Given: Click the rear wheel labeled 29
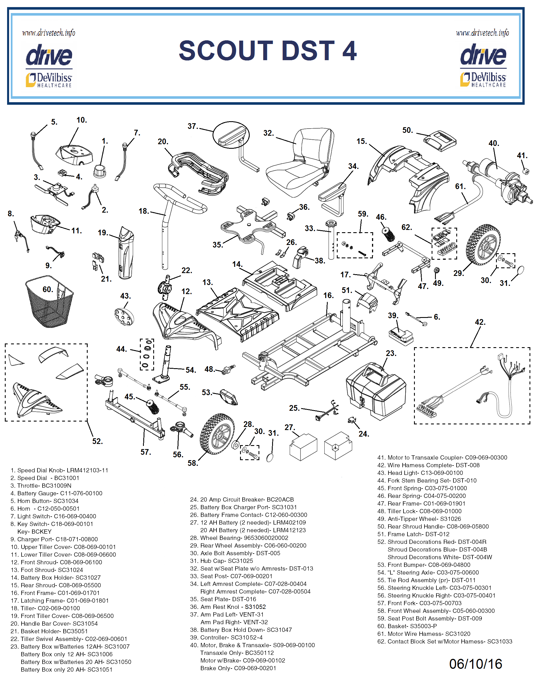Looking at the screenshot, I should (x=483, y=245).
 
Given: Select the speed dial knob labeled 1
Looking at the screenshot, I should (x=100, y=171).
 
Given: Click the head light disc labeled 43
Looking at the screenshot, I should (x=124, y=317).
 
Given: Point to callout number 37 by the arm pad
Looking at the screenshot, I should (x=192, y=126).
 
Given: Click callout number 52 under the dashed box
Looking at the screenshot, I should (x=97, y=441).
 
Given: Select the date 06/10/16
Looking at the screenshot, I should (x=475, y=664).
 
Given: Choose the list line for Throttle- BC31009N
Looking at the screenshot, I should (x=41, y=486).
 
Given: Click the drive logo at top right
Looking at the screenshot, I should (x=483, y=55).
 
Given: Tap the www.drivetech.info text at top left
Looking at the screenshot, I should (x=49, y=33).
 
